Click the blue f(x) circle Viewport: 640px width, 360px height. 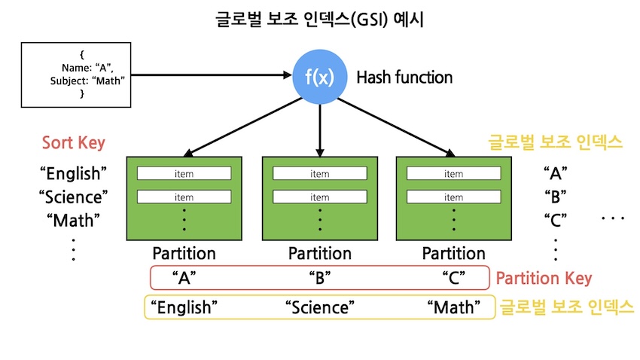(321, 78)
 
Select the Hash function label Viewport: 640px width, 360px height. (404, 78)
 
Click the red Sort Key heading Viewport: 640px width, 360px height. (73, 143)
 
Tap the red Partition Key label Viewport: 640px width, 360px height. (544, 278)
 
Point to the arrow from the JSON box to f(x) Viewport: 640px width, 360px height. (211, 75)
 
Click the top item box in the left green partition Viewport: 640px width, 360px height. (184, 174)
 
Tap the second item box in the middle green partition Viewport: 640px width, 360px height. (319, 197)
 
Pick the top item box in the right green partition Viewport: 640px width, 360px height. (453, 174)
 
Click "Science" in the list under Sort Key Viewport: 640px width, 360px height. (73, 197)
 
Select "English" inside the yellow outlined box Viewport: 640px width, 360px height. (184, 307)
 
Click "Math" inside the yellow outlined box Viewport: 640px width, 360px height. (453, 307)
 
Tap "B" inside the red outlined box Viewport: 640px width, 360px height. (321, 278)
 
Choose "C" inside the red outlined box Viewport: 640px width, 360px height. (454, 278)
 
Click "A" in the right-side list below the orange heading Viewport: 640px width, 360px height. (555, 174)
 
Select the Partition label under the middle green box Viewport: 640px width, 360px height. (319, 254)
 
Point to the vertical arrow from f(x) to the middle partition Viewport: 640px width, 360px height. (321, 128)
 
